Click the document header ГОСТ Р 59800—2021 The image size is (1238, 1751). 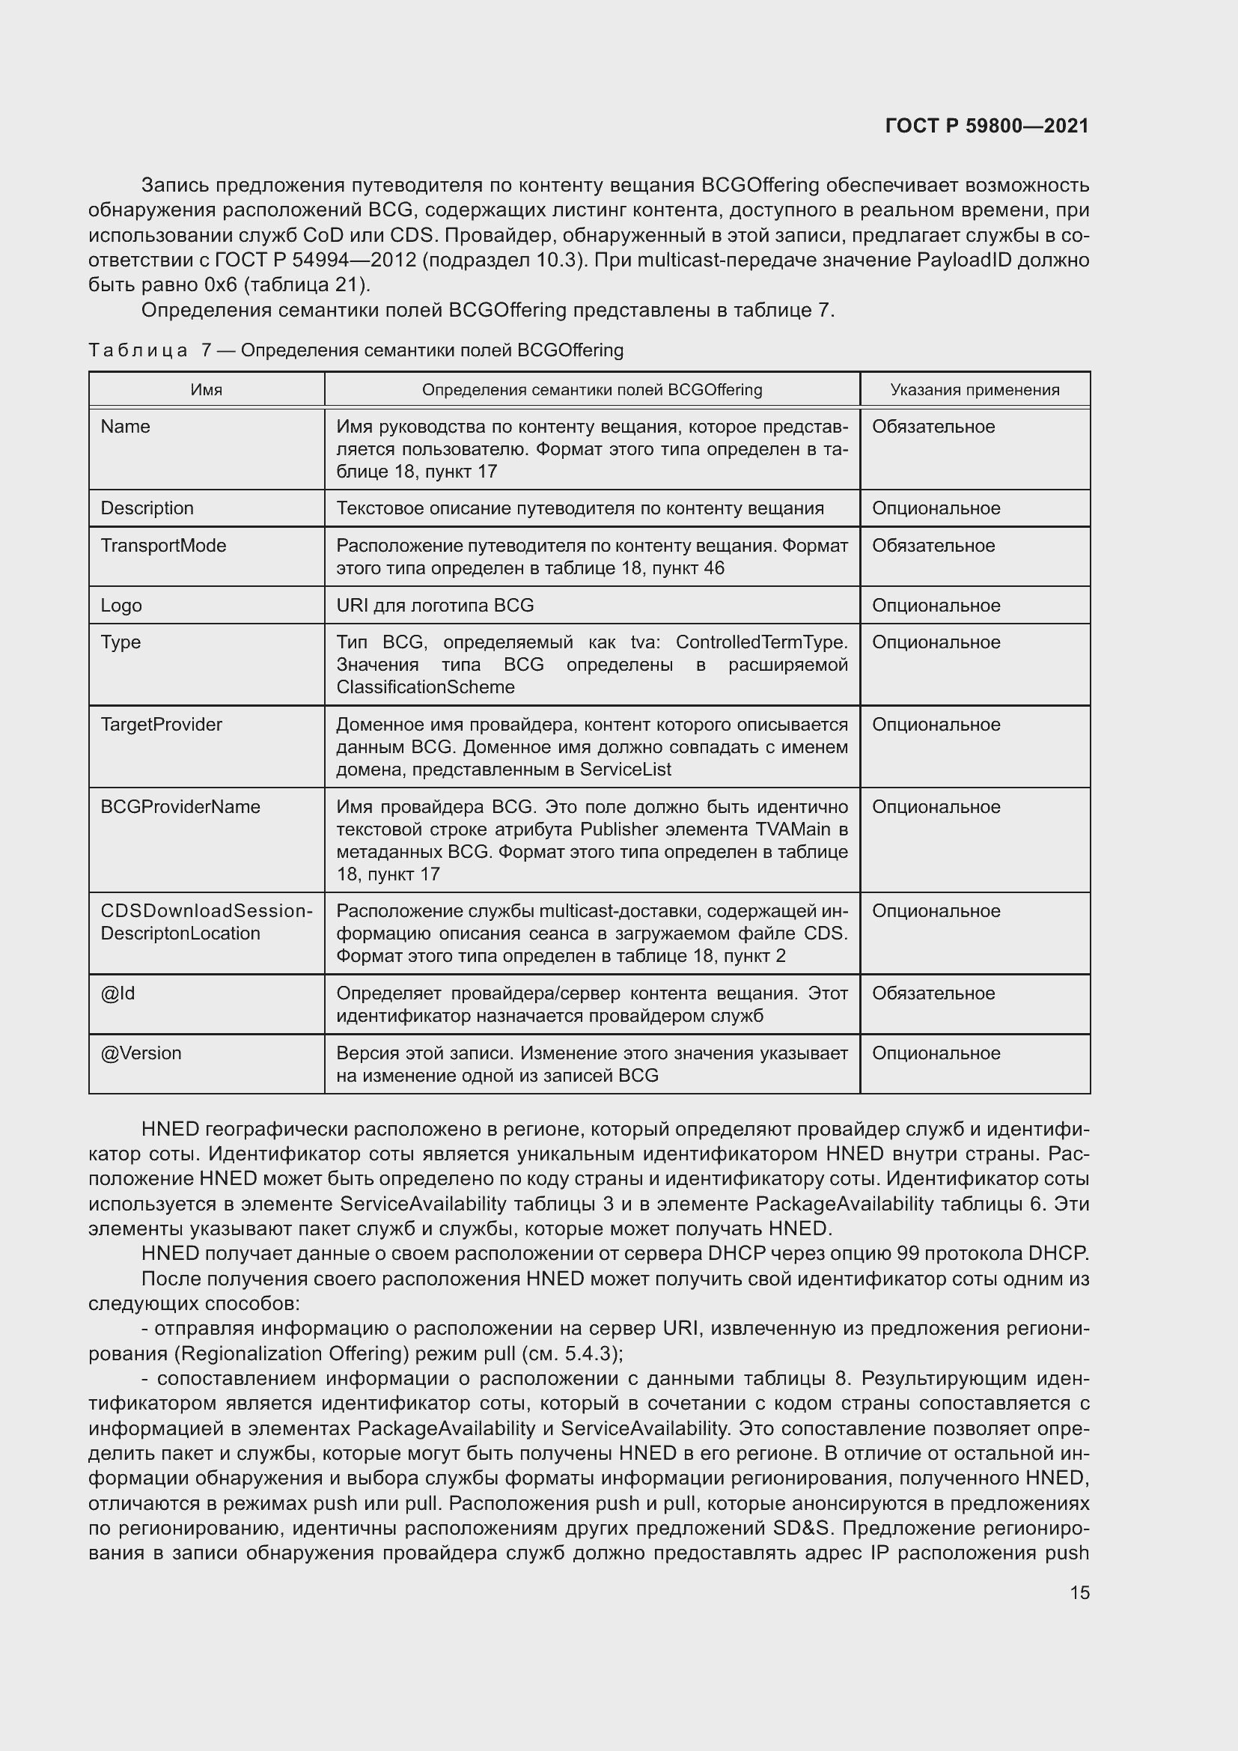(x=987, y=126)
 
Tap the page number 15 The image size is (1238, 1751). (x=1079, y=1592)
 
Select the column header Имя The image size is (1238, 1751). (x=206, y=390)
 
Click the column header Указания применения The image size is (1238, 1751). (x=975, y=390)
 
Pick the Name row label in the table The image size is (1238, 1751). (x=125, y=426)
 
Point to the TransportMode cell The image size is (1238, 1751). (x=163, y=545)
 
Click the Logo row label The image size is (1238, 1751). (x=121, y=605)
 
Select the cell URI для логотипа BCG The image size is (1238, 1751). (x=435, y=605)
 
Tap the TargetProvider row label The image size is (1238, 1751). (x=161, y=724)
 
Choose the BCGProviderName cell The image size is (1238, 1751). (x=180, y=806)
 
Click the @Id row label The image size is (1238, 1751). (x=118, y=993)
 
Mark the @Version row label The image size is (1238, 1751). (x=141, y=1053)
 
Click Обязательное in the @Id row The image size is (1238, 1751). (x=933, y=993)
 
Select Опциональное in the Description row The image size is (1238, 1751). (x=936, y=508)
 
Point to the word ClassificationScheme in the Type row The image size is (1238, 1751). (x=425, y=687)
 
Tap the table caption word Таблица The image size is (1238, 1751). (x=138, y=350)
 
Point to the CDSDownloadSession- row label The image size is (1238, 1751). (x=206, y=910)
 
